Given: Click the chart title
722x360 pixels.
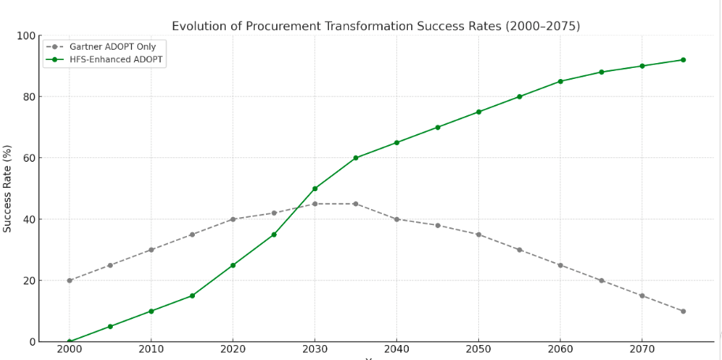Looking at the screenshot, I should (376, 26).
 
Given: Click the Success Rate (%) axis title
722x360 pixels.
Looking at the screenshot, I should (8, 188).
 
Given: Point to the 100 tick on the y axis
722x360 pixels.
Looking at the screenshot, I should (25, 36).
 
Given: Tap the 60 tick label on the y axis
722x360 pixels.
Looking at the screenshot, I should (28, 158).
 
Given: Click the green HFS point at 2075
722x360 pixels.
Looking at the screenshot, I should (683, 60).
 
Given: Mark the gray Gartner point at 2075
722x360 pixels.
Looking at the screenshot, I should (683, 311).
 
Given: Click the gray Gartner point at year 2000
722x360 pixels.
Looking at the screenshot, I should (69, 280).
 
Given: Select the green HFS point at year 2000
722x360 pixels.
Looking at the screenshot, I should (69, 341).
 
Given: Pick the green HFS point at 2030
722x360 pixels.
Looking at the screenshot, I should (315, 189).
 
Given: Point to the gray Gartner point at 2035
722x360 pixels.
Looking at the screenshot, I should (356, 204).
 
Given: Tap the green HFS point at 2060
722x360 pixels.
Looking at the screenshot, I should (560, 81).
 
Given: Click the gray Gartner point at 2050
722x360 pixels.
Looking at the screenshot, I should (478, 234).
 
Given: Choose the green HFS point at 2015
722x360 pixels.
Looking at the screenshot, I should (192, 295).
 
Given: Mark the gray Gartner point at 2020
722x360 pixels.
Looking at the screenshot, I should (233, 219).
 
